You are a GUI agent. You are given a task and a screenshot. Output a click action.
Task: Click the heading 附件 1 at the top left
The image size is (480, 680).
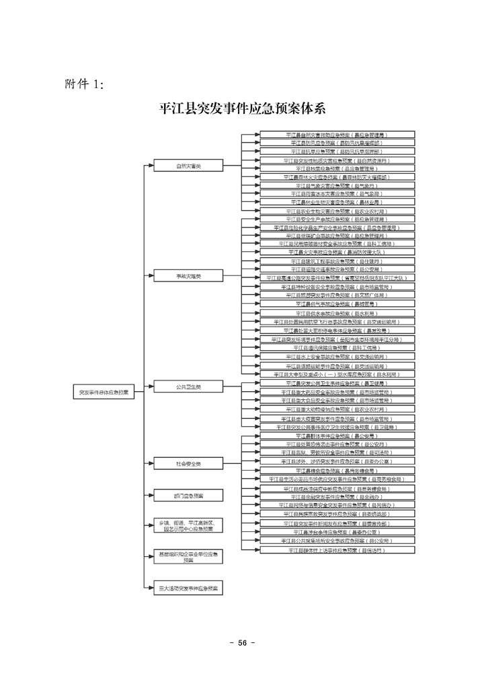pyautogui.click(x=83, y=83)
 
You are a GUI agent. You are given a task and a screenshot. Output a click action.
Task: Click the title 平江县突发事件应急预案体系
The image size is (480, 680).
pyautogui.click(x=242, y=108)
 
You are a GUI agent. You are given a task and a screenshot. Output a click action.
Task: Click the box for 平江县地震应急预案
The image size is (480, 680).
pyautogui.click(x=337, y=169)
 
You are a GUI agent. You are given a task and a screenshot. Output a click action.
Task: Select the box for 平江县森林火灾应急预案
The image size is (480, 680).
pyautogui.click(x=337, y=177)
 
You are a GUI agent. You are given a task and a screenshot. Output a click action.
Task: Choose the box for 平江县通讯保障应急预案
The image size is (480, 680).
pyautogui.click(x=337, y=348)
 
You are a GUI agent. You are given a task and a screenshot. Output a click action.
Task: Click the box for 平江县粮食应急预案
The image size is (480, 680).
pyautogui.click(x=337, y=471)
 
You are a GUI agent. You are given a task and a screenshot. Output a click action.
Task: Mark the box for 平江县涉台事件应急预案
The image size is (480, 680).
pyautogui.click(x=337, y=531)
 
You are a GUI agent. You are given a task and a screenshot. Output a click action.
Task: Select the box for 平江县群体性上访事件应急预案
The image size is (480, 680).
pyautogui.click(x=337, y=550)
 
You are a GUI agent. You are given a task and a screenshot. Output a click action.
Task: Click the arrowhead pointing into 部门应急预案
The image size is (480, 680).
pyautogui.click(x=151, y=496)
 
